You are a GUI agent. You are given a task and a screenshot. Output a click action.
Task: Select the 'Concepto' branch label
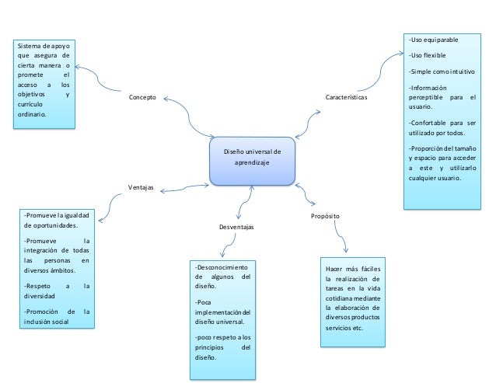coord(142,98)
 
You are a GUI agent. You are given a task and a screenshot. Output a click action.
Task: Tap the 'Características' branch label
coord(346,99)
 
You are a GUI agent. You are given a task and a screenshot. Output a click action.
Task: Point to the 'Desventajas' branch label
coord(236,227)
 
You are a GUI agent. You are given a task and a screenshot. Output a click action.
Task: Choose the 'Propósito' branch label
coord(324,214)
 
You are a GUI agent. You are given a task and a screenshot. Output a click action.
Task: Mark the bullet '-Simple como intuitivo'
coord(442,71)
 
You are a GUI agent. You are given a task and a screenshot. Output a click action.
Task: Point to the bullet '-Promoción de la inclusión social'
coord(58,318)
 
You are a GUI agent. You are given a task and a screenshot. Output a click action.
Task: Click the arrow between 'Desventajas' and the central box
coord(244,200)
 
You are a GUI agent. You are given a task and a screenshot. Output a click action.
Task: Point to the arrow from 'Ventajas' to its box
coord(111,204)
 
